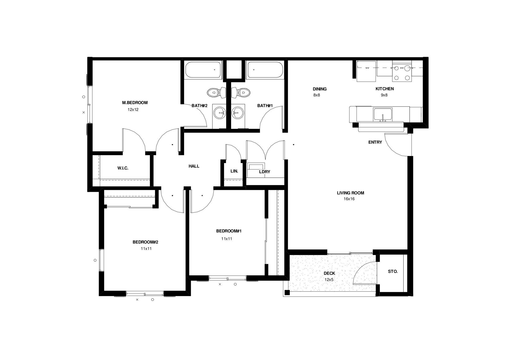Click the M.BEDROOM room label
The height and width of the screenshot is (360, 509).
pos(135,103)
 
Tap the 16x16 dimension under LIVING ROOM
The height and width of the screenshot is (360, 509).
pos(349,199)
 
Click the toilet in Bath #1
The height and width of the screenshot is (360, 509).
pos(243,93)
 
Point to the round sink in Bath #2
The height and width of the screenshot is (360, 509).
pos(220,113)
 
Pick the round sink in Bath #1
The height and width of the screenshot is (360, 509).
pos(238,113)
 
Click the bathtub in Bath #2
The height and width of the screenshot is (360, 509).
pos(203,70)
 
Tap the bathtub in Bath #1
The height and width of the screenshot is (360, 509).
pos(264,70)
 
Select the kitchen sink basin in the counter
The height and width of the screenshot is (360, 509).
pos(383,114)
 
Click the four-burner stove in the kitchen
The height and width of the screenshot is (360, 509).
pos(402,73)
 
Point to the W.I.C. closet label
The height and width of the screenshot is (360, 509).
pos(123,168)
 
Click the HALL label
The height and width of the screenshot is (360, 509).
pos(194,166)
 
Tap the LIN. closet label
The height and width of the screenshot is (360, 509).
pos(234,171)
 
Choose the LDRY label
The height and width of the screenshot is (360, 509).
pos(265,172)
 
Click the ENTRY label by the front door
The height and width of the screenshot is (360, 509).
pos(375,142)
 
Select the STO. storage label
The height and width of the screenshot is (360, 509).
pos(393,272)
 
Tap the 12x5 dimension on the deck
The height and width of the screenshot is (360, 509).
pos(329,280)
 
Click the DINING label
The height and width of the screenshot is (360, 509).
pos(319,89)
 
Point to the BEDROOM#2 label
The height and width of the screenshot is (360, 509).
pos(145,242)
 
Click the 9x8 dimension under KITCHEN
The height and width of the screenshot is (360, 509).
pos(384,95)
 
